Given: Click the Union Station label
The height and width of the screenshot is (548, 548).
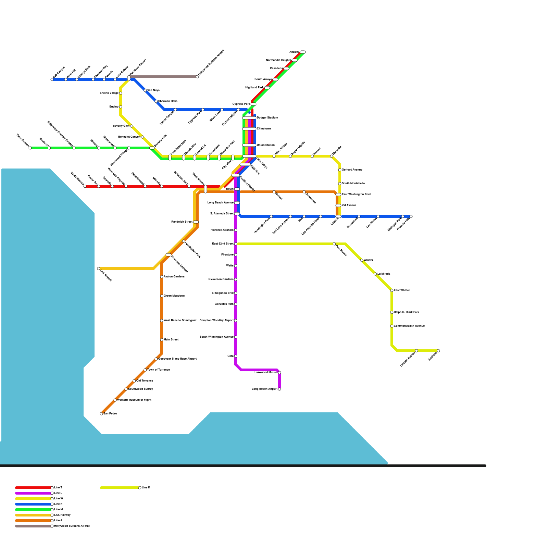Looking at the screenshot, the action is pos(265,145).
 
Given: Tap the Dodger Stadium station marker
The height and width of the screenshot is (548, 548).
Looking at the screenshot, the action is pos(249,118).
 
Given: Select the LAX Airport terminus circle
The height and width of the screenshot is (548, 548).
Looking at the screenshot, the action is pos(99,269).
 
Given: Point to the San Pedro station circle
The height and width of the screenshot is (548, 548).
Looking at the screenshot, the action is pos(101,414).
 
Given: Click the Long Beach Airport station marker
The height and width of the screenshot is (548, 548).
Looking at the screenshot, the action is pos(279,389).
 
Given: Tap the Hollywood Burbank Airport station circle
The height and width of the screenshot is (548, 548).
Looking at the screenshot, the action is pos(197,77).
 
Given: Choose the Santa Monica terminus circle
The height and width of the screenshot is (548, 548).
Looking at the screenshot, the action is pos(85,186).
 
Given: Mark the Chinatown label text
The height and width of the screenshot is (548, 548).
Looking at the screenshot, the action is pos(264,129).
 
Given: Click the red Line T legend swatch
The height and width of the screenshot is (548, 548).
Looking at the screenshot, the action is pos(33,488).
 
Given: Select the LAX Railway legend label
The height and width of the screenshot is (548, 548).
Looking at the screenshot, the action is pos(62,515).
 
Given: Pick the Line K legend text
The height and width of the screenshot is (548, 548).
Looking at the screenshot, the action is pos(146,488).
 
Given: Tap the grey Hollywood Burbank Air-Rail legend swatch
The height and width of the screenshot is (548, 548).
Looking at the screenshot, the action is pos(33,526).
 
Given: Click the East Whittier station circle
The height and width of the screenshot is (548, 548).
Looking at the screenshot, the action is pos(392,290).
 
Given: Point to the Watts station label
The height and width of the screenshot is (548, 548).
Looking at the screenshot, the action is pos(230,266).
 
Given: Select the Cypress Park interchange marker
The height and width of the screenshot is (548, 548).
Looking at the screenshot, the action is pos(253,104).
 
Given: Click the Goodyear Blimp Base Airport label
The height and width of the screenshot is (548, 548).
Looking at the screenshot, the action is pos(177,359).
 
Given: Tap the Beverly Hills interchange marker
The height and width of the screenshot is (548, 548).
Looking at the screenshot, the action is pos(152,148).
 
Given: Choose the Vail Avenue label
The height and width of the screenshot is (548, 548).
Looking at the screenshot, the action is pos(349,206).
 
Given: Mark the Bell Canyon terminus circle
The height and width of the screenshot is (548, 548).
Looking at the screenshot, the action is pos(52,79).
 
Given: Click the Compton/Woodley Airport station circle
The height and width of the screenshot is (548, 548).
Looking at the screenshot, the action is pos(236,321).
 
